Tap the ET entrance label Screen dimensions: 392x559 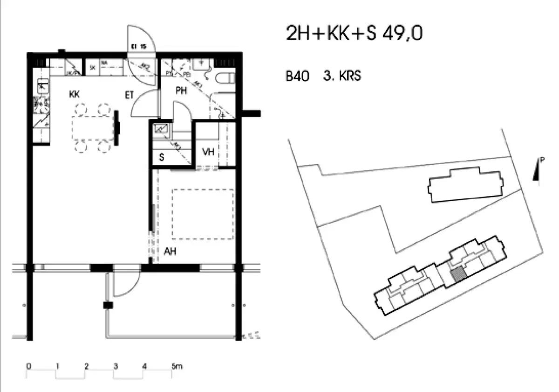[x=129, y=95]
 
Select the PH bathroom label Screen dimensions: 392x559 [x=181, y=91]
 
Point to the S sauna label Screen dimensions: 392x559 [x=162, y=157]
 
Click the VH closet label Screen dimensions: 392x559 [x=208, y=152]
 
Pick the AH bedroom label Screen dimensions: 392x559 [x=170, y=252]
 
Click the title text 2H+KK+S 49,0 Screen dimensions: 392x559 [x=354, y=34]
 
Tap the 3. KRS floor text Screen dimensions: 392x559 [x=342, y=76]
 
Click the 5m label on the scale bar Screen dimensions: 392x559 [x=177, y=367]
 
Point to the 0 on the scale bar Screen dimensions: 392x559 [x=28, y=367]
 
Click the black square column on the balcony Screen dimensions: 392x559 [x=108, y=306]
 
